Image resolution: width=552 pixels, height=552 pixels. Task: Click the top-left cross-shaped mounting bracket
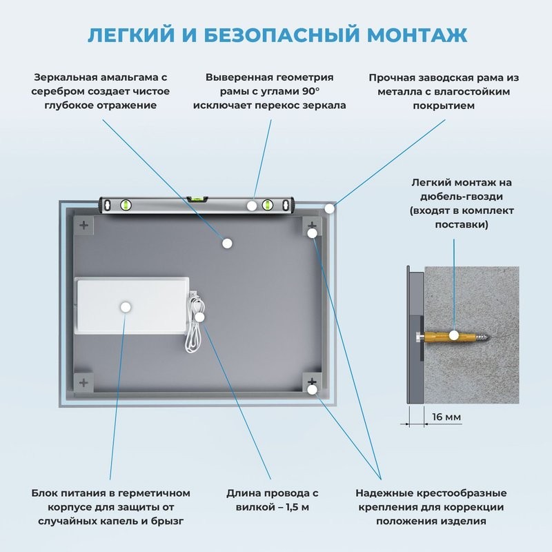point(84,225)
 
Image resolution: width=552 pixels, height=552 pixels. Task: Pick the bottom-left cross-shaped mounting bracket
point(84,382)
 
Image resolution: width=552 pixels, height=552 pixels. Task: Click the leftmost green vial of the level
point(126,204)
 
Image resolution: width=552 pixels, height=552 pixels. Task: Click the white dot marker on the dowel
point(454,336)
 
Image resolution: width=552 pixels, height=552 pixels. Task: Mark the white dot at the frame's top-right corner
point(331,207)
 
